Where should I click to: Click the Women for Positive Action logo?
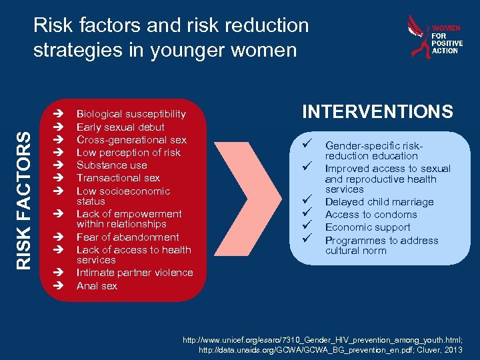point(434,38)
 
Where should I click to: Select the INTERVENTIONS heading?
point(377,112)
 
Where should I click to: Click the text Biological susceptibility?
point(131,114)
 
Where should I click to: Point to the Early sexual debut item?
point(121,127)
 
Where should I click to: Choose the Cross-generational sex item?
point(131,139)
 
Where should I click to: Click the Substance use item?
point(112,165)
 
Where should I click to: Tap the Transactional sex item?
point(118,177)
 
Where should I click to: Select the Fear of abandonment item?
point(128,237)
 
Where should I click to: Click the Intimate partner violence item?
point(135,272)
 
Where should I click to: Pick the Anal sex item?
point(97,285)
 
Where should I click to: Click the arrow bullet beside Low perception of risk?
point(58,153)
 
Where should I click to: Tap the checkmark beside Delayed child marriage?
point(307,200)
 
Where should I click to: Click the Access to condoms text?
point(371,214)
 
